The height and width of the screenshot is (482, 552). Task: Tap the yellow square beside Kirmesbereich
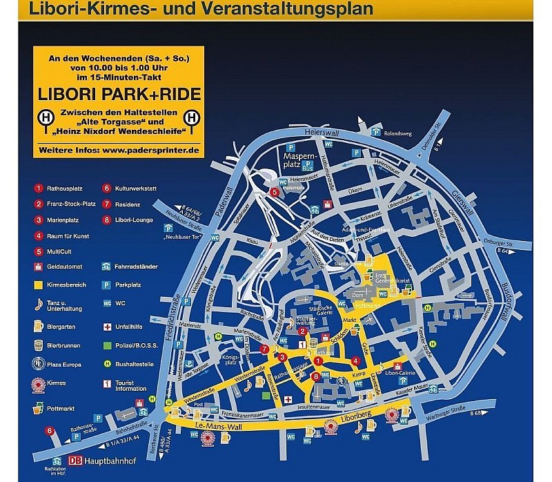point(39,284)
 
